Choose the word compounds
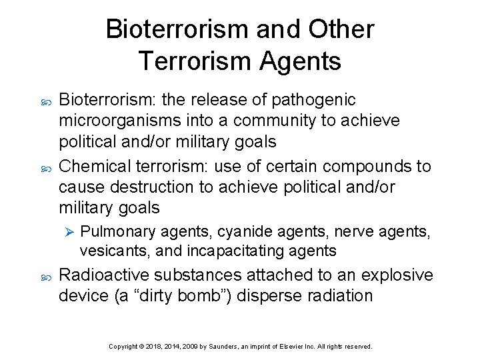[x=364, y=166]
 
